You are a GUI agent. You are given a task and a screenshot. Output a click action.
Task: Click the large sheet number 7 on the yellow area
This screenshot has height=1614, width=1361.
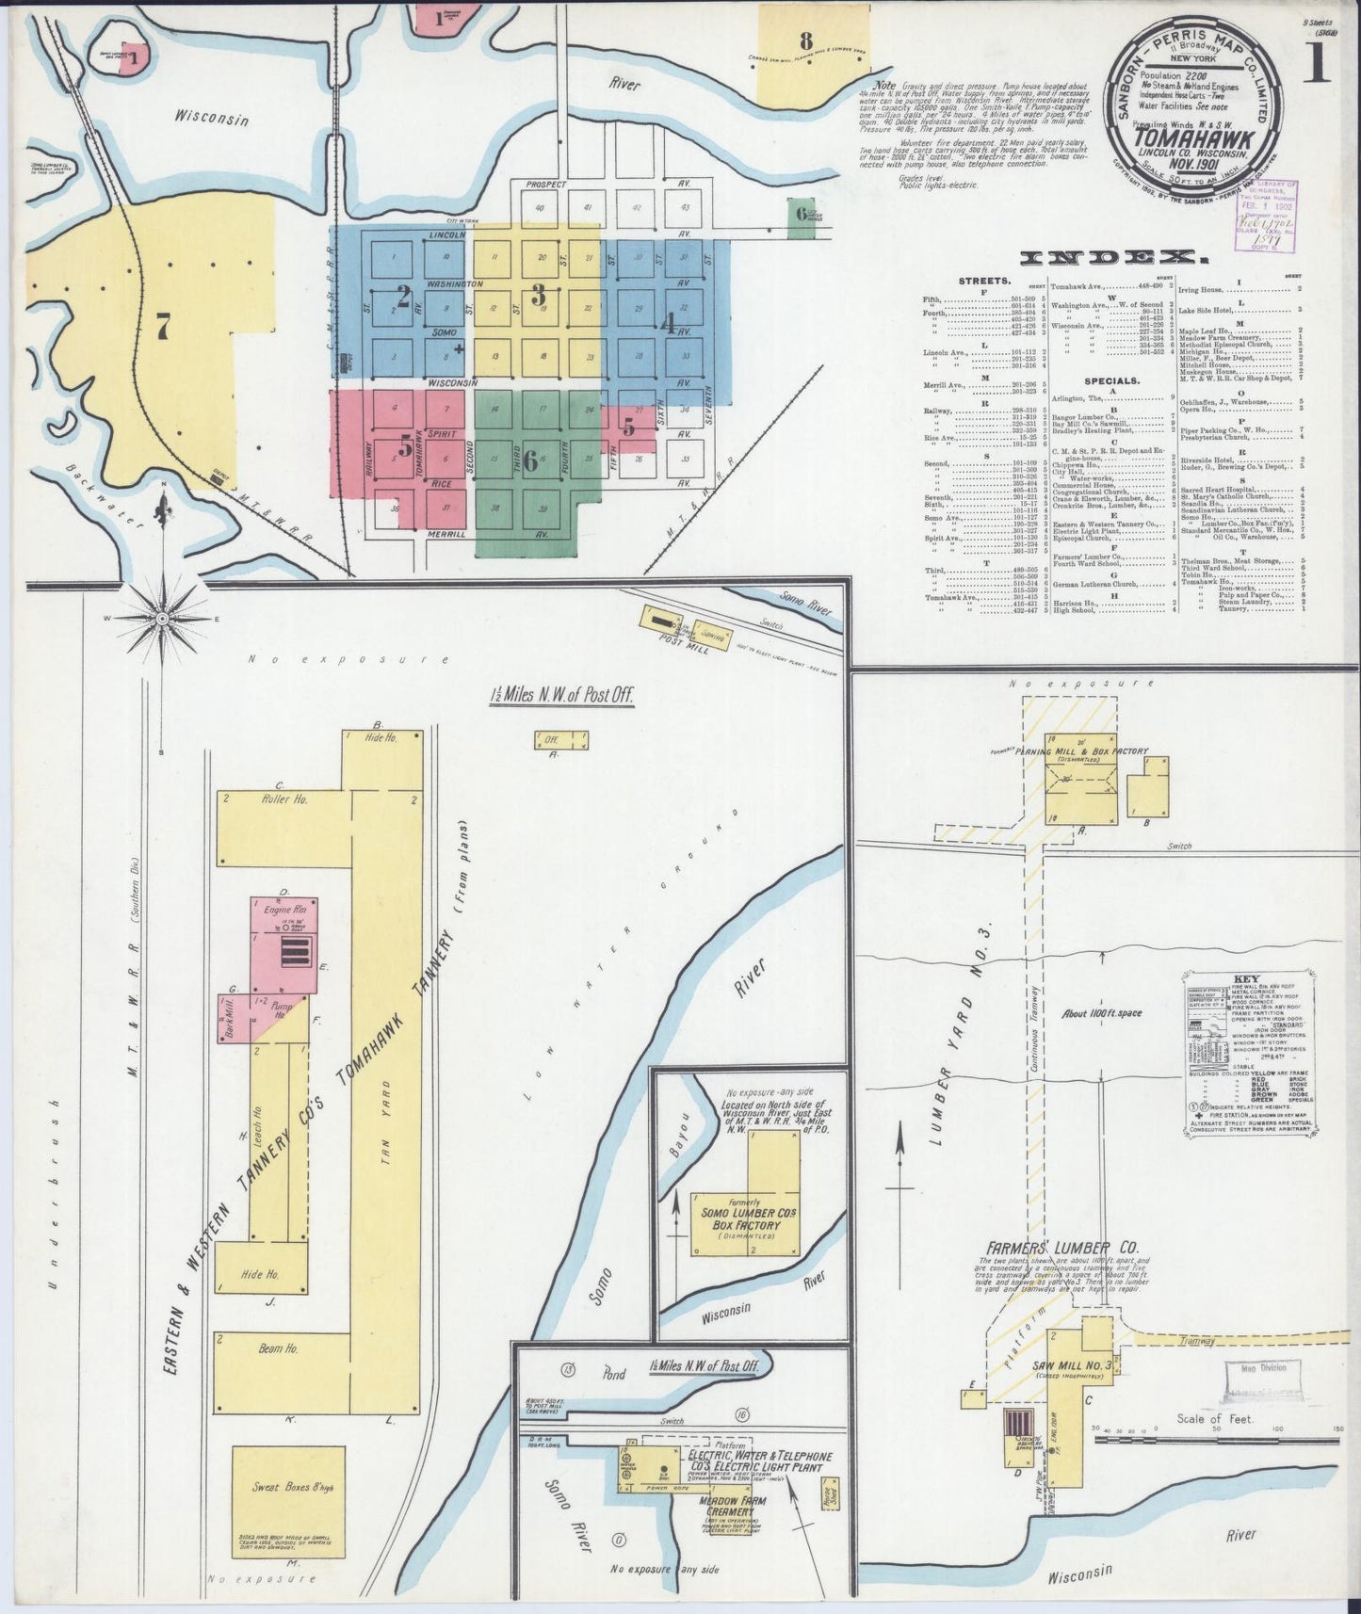[x=163, y=327]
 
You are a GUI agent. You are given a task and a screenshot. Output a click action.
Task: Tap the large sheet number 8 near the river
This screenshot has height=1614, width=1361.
[x=805, y=40]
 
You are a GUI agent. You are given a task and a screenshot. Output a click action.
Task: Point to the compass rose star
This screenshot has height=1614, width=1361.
[x=162, y=618]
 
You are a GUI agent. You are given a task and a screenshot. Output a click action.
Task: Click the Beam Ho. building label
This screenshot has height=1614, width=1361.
[x=279, y=1348]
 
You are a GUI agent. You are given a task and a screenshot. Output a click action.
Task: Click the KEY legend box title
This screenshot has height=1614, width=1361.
[x=1250, y=979]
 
